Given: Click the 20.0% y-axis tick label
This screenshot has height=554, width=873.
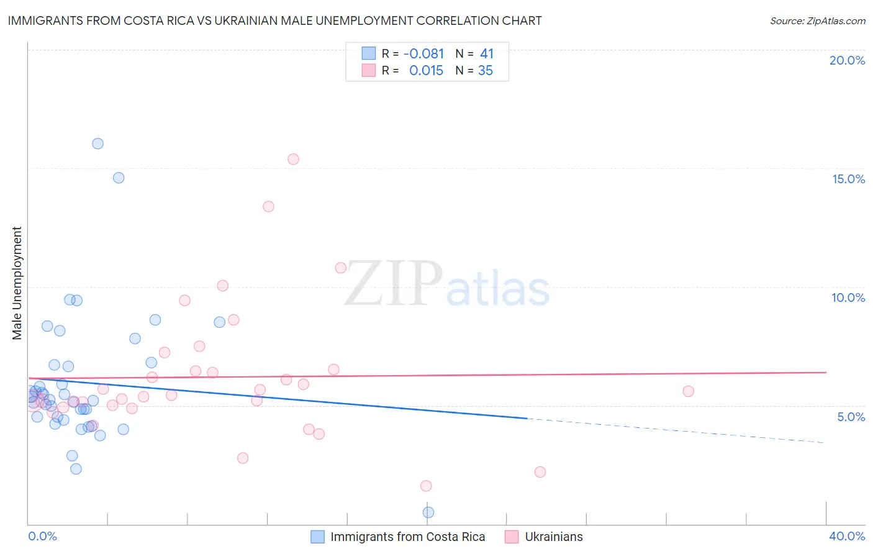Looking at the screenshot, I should point(847,60).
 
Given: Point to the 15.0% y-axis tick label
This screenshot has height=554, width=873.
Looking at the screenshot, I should point(848,179).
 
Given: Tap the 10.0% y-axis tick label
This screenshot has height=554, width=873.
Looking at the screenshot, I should point(848,297).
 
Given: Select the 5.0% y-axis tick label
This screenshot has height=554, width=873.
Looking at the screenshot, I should point(851,417).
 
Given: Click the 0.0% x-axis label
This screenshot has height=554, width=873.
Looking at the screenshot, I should point(42,536).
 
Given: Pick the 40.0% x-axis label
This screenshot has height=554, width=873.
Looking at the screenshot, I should point(846,536).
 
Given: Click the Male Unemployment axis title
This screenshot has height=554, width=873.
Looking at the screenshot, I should point(17,283).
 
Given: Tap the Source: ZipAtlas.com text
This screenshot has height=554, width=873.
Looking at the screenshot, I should point(817,20).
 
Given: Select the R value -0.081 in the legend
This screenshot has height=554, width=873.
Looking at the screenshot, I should point(423,54).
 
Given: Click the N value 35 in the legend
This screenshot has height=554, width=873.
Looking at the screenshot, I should point(485,71).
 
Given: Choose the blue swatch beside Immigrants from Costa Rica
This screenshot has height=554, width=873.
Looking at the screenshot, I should point(317,537).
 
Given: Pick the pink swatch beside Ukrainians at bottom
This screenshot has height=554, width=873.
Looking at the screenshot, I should point(512,537).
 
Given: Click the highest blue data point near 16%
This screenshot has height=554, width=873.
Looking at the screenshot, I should point(97,143).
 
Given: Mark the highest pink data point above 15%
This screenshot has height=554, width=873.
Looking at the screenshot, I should point(293,159).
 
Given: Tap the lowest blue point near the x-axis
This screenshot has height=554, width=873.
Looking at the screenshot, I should point(428,512).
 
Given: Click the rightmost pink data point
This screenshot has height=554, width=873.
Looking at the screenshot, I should point(688,391).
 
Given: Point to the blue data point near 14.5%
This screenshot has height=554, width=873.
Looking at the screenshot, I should point(119,178).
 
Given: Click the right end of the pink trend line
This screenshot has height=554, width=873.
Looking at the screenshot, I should point(826,372).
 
